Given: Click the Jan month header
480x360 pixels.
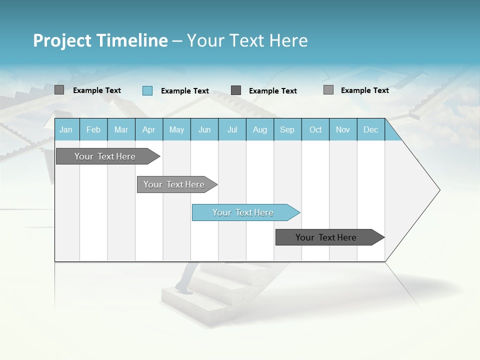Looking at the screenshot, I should [x=66, y=129].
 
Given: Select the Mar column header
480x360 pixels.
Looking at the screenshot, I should [x=121, y=129].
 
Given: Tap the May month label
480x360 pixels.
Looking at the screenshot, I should [x=176, y=129].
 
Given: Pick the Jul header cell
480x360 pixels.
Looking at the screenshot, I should [x=232, y=129].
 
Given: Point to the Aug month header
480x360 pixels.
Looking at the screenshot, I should [x=259, y=129].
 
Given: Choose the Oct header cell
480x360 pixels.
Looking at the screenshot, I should [x=315, y=129].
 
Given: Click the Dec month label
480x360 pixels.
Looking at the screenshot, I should [x=370, y=129].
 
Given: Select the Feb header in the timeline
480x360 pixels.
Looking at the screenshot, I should [x=93, y=129].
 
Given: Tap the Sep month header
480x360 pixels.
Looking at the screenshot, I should [x=287, y=129].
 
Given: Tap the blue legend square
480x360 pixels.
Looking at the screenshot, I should [x=147, y=90].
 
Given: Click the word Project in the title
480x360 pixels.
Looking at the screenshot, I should [x=62, y=40].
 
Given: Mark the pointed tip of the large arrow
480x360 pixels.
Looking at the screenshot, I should [x=439, y=190].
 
